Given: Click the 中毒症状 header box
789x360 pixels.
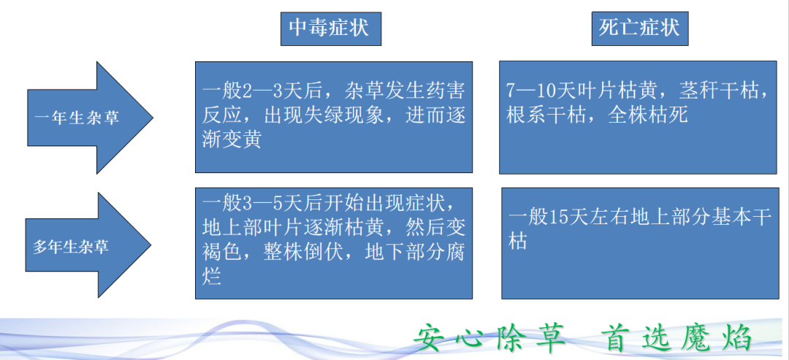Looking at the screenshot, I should point(329,28).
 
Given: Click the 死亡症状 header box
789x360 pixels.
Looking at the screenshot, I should point(639,28).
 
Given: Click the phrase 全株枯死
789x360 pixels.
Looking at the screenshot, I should point(648,115).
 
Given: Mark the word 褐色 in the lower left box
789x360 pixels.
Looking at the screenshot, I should point(218,251).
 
